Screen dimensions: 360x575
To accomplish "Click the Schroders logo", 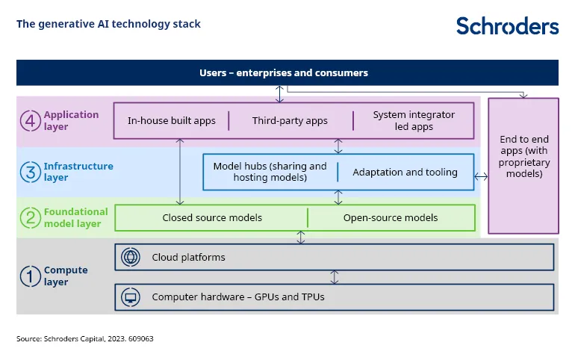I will [507, 25].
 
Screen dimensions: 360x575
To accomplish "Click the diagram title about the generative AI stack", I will [108, 24].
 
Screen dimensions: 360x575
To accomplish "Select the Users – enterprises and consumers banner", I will [287, 73].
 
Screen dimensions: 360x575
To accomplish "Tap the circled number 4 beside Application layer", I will [29, 120].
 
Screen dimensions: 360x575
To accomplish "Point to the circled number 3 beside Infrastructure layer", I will [29, 172].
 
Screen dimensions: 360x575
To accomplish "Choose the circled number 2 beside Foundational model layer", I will [29, 218].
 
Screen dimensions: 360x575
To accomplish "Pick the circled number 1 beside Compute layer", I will [29, 276].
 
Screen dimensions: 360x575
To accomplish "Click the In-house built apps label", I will [172, 120].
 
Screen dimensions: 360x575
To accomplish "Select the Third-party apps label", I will [290, 120].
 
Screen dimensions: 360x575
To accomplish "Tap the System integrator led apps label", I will [414, 120].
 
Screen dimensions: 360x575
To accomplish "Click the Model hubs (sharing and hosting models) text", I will [270, 172].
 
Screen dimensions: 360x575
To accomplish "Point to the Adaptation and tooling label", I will [405, 173].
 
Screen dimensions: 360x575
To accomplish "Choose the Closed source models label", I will [212, 218].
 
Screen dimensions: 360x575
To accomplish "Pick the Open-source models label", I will [391, 218].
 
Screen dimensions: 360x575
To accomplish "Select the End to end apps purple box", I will [523, 165].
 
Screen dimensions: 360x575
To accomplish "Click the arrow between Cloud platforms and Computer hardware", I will [335, 277].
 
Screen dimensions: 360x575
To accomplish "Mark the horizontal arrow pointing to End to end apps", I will [481, 177].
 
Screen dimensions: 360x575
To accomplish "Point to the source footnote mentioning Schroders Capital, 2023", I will [84, 338].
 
